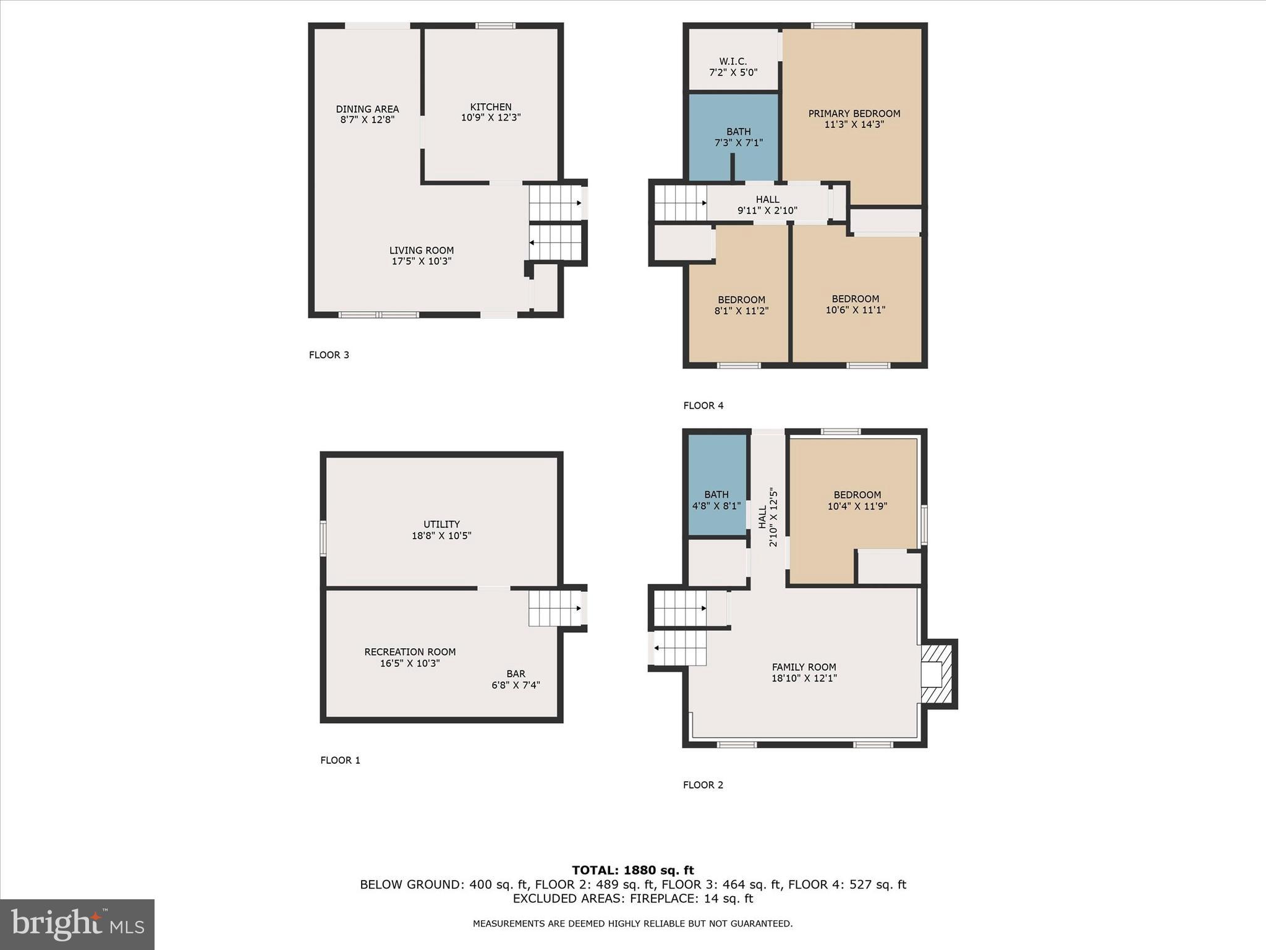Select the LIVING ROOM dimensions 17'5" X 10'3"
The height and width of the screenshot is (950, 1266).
click(x=422, y=261)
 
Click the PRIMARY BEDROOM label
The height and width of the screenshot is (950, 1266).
click(x=854, y=114)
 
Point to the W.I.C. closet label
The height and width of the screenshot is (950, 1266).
click(x=733, y=62)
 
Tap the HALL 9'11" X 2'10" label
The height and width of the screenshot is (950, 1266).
click(x=767, y=205)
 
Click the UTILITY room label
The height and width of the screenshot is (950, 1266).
click(x=441, y=524)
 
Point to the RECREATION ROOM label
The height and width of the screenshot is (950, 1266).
click(x=410, y=652)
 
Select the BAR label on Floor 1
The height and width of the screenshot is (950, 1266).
click(x=516, y=674)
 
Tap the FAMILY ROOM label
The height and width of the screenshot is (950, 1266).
click(x=804, y=667)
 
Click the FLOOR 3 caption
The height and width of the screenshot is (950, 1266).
click(x=329, y=355)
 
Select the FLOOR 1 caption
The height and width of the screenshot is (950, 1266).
click(x=340, y=760)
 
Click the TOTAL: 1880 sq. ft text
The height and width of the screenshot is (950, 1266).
click(x=633, y=870)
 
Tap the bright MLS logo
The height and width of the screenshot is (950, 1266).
click(x=77, y=924)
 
